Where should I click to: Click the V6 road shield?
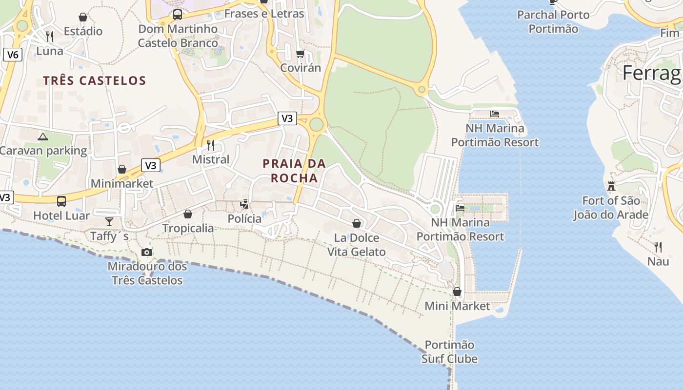point(13,55)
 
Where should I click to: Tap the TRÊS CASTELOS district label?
point(94,80)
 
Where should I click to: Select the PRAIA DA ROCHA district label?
point(294,171)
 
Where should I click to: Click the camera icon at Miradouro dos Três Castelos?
point(146,252)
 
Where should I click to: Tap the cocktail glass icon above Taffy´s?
point(109,222)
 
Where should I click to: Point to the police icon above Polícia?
point(244,204)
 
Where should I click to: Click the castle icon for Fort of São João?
point(611,186)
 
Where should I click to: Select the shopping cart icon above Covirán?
point(300,54)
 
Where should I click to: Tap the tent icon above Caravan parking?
point(43,137)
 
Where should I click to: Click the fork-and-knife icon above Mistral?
point(211,145)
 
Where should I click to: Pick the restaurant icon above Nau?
point(658,247)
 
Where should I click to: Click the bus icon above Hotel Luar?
point(61,201)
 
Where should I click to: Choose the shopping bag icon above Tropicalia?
point(188,214)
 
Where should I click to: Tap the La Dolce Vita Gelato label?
point(357,245)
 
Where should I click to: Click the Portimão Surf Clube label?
point(449,352)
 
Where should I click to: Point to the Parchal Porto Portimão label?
point(553,22)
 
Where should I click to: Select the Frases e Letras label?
point(264,14)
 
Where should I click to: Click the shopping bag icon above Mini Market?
point(457,292)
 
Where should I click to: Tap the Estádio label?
point(83,32)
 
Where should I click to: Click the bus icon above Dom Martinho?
point(178,15)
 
